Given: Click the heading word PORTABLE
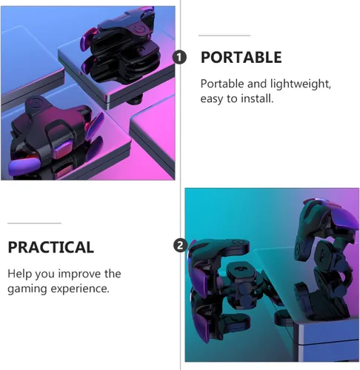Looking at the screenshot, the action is coord(241,57).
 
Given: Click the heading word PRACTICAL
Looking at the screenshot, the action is coord(50,247).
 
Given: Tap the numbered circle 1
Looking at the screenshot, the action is coord(179,57).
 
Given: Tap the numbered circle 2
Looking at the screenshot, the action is coord(180,246).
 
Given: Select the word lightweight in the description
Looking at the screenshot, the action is coord(300,84).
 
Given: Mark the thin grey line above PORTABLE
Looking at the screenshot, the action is coord(224,36).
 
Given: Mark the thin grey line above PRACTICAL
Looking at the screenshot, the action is coord(34,223).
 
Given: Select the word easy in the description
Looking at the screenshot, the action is coord(211,99).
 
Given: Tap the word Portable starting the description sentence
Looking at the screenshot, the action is coord(222,84).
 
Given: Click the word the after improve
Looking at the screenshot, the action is coord(113,274).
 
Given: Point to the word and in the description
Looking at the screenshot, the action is coord(257,84).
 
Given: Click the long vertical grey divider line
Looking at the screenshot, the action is coord(180,185).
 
